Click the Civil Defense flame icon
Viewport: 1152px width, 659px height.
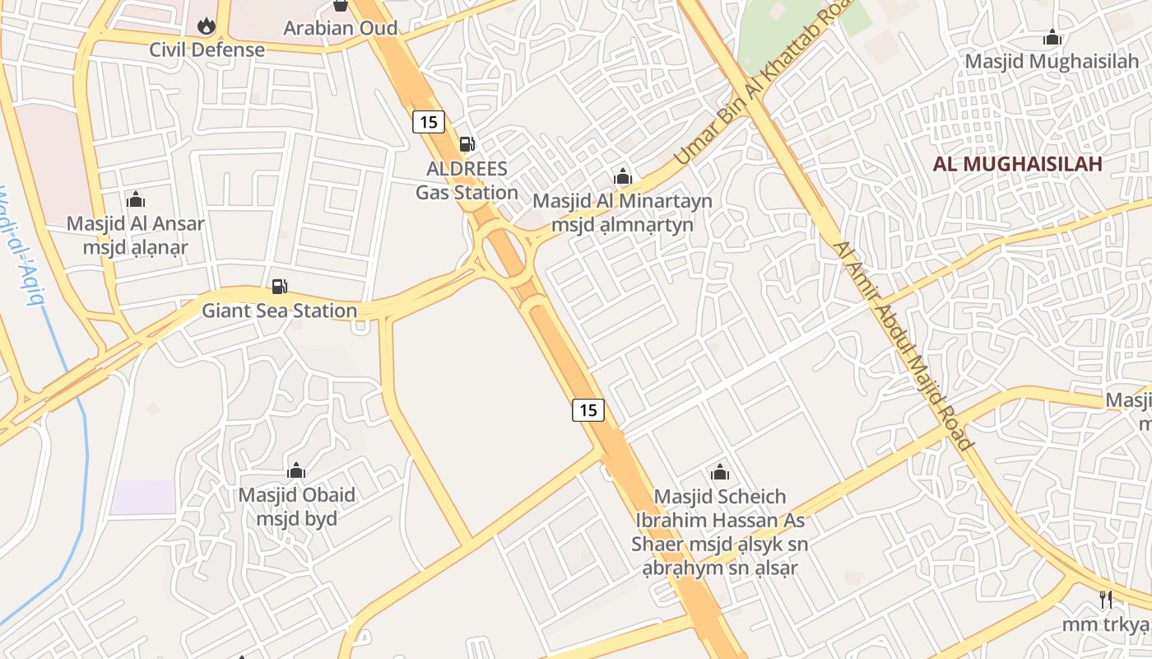(207, 26)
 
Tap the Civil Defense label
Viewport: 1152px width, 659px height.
(207, 49)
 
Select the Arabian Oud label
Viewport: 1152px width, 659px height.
(341, 28)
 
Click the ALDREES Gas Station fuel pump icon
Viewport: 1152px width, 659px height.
(467, 144)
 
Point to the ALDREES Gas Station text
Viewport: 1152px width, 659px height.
(467, 180)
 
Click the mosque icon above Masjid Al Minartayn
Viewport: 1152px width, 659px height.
(623, 177)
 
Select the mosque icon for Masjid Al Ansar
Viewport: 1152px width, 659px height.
(136, 199)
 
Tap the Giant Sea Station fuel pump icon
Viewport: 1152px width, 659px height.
(280, 287)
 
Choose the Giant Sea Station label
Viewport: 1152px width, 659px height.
(280, 311)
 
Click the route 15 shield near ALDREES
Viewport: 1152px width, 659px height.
(428, 123)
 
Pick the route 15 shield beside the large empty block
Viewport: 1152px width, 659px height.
(588, 409)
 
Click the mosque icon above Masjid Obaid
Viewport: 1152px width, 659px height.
(296, 471)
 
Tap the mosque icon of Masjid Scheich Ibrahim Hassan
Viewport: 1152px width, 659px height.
(720, 473)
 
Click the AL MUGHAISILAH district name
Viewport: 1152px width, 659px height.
(1017, 164)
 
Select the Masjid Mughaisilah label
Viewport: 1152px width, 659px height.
(1051, 62)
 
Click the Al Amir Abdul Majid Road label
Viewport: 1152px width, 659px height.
(903, 346)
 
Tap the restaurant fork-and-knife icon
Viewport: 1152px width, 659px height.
(1106, 599)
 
